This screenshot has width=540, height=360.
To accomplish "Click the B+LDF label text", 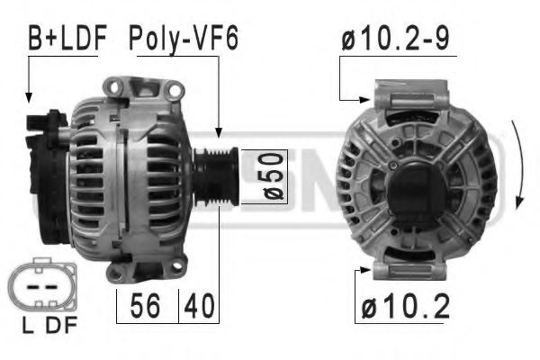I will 67,38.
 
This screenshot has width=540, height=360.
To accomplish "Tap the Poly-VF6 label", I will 183,38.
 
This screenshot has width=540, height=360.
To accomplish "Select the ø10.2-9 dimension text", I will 395,38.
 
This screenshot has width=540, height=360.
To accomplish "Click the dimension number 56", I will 148,307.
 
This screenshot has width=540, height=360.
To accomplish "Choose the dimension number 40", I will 201,307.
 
